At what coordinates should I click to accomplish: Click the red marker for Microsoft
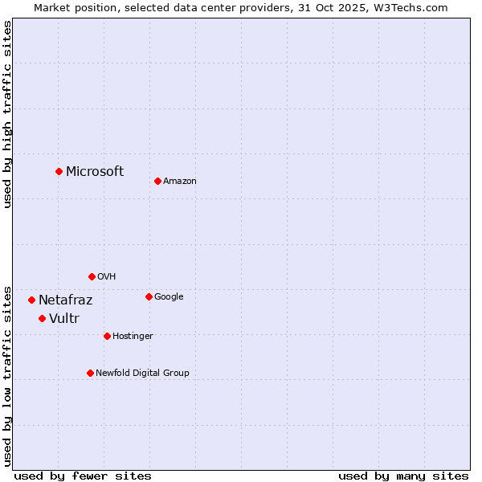coord(59,171)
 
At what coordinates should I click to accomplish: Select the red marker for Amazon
coord(157,181)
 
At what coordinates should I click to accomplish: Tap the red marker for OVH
coord(92,276)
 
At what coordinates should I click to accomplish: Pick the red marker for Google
coord(149,296)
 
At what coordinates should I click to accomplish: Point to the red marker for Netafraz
coord(31,300)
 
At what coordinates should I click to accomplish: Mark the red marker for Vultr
coord(42,318)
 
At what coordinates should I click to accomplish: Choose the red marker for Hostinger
coord(107,336)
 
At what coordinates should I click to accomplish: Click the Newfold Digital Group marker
coord(90,373)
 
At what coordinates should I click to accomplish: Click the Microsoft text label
coord(95,171)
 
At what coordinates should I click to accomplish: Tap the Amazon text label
coord(180,182)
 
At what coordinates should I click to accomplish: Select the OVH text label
coord(107,277)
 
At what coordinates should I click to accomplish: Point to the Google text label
coord(169,297)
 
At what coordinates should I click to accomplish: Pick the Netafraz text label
coord(66,300)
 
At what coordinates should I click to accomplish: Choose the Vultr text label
coord(64,319)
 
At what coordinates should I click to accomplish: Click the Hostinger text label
coord(133,337)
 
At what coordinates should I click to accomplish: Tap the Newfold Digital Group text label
coord(142,374)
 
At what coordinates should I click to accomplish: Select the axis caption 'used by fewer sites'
coord(83,476)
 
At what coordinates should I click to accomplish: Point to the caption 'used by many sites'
coord(403,476)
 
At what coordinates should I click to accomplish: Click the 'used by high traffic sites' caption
coord(7,114)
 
